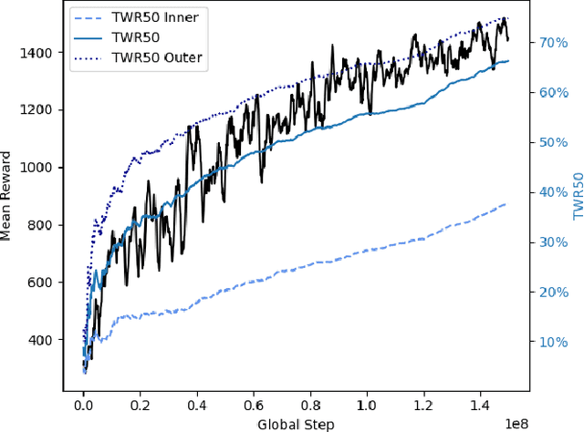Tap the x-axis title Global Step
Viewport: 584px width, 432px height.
(296, 424)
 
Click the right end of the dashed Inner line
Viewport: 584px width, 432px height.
(507, 204)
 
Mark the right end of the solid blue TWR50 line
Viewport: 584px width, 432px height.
(508, 61)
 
